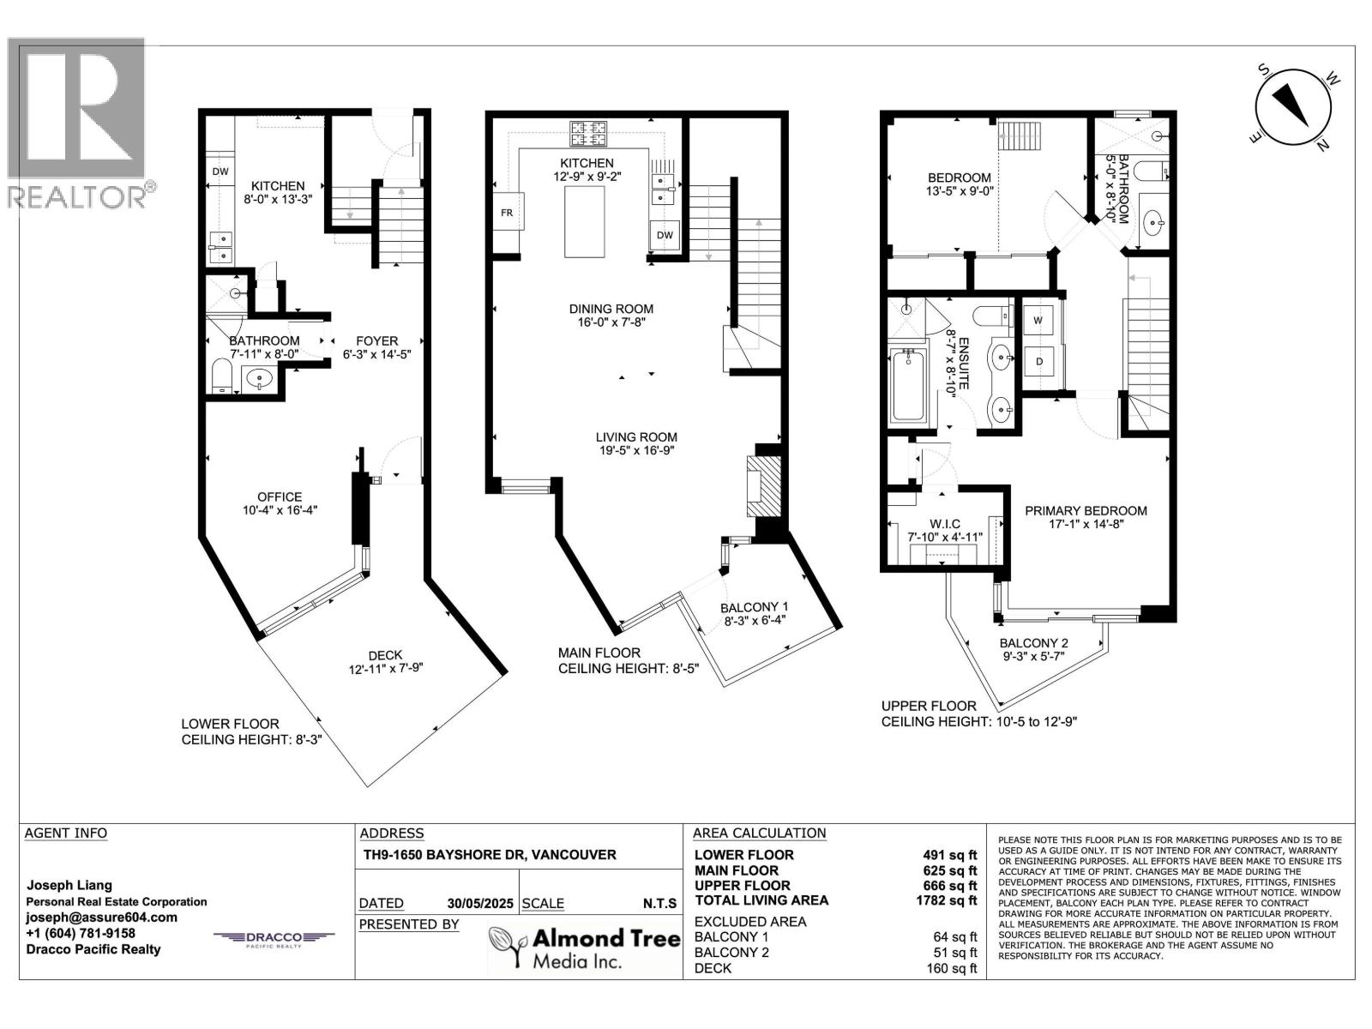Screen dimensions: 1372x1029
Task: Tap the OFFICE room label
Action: pyautogui.click(x=280, y=496)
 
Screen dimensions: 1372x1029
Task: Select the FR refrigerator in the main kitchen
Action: pyautogui.click(x=507, y=212)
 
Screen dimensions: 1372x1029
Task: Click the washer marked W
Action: pyautogui.click(x=1038, y=321)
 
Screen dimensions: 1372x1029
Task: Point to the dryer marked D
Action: pyautogui.click(x=1039, y=361)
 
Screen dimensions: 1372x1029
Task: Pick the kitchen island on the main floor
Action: pyautogui.click(x=585, y=221)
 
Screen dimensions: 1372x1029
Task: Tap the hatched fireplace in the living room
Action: pyautogui.click(x=763, y=486)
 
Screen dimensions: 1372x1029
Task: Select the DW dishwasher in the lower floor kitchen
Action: pyautogui.click(x=220, y=171)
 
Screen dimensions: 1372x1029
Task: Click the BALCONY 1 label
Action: pyautogui.click(x=754, y=606)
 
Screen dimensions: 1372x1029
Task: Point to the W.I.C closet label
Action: pyautogui.click(x=944, y=524)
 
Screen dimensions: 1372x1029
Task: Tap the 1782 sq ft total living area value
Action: pyautogui.click(x=946, y=900)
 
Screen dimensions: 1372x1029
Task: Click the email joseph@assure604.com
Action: pyautogui.click(x=101, y=918)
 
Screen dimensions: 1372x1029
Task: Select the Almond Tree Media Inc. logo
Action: pyautogui.click(x=585, y=948)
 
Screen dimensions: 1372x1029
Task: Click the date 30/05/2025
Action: pyautogui.click(x=480, y=904)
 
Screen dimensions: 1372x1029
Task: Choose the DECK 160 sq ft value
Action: pyautogui.click(x=951, y=968)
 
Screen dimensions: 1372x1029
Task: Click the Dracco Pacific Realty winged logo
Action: pyautogui.click(x=274, y=938)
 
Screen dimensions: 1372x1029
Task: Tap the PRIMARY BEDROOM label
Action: pyautogui.click(x=1086, y=510)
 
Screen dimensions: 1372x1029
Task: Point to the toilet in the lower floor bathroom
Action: pyautogui.click(x=222, y=376)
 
